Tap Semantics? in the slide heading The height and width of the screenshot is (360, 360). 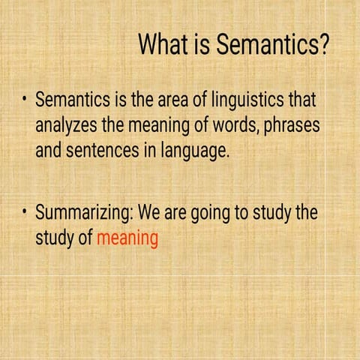pyautogui.click(x=273, y=45)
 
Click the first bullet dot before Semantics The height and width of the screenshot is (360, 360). pyautogui.click(x=24, y=100)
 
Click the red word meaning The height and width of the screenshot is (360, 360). pyautogui.click(x=127, y=239)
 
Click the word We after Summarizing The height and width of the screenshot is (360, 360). pyautogui.click(x=151, y=213)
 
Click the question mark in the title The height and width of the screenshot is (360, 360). pyautogui.click(x=322, y=45)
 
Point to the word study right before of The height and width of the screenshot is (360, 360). pyautogui.click(x=55, y=239)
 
